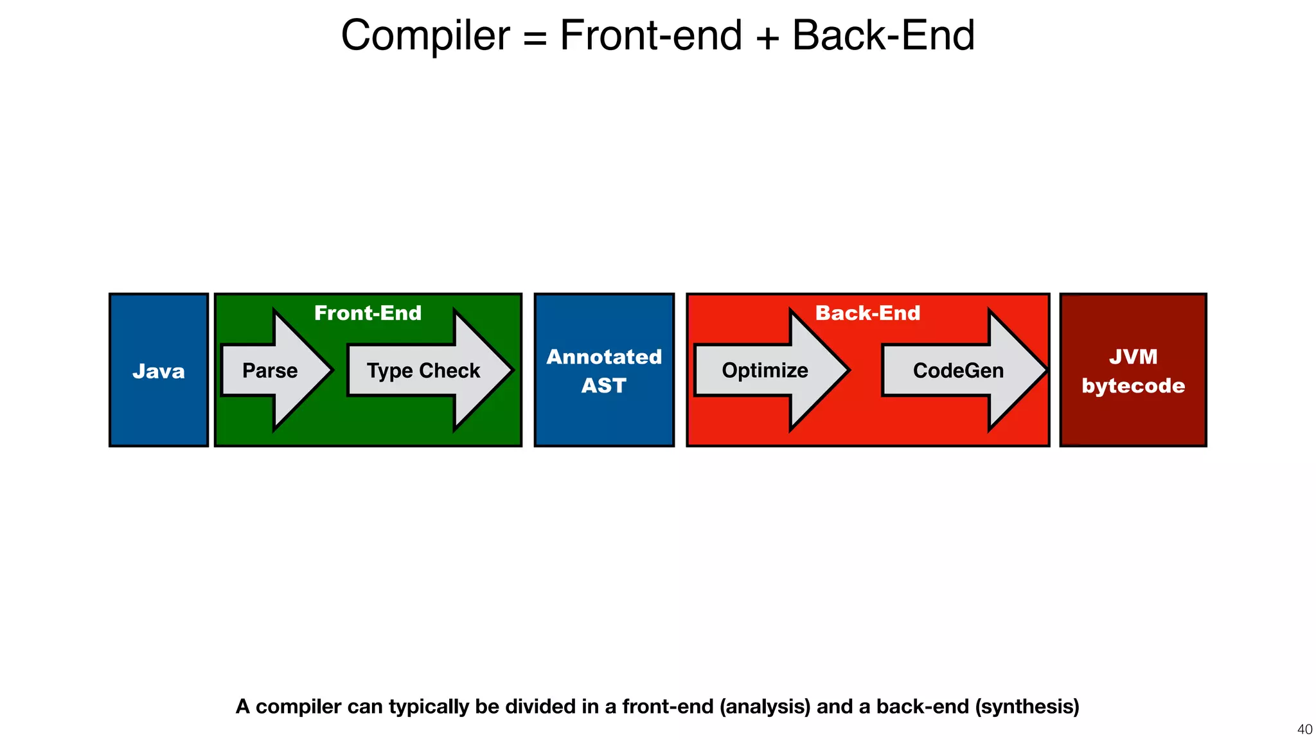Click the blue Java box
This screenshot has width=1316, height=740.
158,371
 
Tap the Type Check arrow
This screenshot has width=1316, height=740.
424,371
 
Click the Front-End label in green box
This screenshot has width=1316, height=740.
368,313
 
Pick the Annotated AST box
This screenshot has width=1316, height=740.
604,371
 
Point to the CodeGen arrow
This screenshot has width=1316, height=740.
959,371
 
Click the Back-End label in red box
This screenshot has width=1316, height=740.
867,313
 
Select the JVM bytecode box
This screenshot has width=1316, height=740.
1133,371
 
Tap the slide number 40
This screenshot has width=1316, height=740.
1304,729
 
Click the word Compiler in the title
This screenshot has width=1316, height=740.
425,35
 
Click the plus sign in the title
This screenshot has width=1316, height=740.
767,37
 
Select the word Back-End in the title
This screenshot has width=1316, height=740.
884,35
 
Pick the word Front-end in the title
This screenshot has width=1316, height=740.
651,35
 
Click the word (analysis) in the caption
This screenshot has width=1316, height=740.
765,707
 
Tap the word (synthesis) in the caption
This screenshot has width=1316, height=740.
1027,707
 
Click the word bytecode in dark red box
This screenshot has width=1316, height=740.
1133,385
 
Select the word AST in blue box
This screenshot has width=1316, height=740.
603,385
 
